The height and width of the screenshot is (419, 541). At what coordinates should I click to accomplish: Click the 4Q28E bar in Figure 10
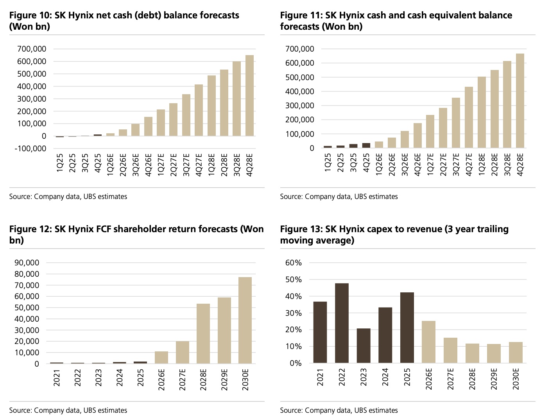tap(249, 96)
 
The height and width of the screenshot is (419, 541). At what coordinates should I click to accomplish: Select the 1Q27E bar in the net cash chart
tap(161, 123)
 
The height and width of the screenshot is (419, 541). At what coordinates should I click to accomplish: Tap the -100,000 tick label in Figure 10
tap(30, 149)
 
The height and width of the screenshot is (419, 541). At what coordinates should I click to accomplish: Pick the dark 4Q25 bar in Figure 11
tap(366, 145)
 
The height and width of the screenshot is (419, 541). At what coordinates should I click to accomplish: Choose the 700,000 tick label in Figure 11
tap(300, 49)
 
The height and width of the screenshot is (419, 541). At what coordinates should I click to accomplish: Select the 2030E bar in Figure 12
tap(245, 321)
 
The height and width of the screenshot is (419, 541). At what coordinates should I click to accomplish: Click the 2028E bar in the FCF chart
tap(203, 334)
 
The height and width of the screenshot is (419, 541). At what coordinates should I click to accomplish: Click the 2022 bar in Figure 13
tap(342, 323)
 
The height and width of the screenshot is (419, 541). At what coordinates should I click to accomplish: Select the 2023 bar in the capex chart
tap(364, 346)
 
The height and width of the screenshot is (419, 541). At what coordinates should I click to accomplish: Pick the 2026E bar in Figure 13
tap(429, 342)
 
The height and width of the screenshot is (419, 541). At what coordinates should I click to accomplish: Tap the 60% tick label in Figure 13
tap(294, 263)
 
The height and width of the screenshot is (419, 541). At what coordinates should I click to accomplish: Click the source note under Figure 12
tap(68, 410)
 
